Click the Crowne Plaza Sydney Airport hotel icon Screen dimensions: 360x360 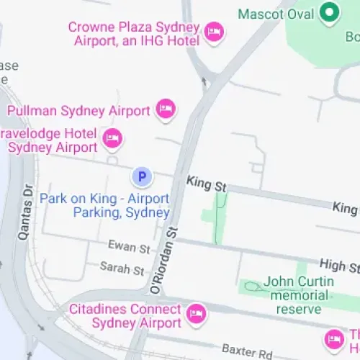[x=214, y=32]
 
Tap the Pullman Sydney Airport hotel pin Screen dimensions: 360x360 [x=166, y=110]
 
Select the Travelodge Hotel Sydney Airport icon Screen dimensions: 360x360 [x=112, y=138]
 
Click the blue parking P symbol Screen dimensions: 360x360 [x=142, y=176]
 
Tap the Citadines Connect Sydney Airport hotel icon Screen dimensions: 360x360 [x=195, y=314]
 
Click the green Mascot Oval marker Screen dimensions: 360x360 [x=330, y=12]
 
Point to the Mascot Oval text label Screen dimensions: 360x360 [x=276, y=14]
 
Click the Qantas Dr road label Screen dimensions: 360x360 [x=26, y=212]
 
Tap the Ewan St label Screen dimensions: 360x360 [x=129, y=247]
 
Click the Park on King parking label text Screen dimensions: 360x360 [x=104, y=205]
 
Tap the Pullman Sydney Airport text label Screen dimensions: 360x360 [x=78, y=111]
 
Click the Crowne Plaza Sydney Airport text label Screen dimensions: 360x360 [x=134, y=33]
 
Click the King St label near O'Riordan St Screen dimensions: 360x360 [x=206, y=184]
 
